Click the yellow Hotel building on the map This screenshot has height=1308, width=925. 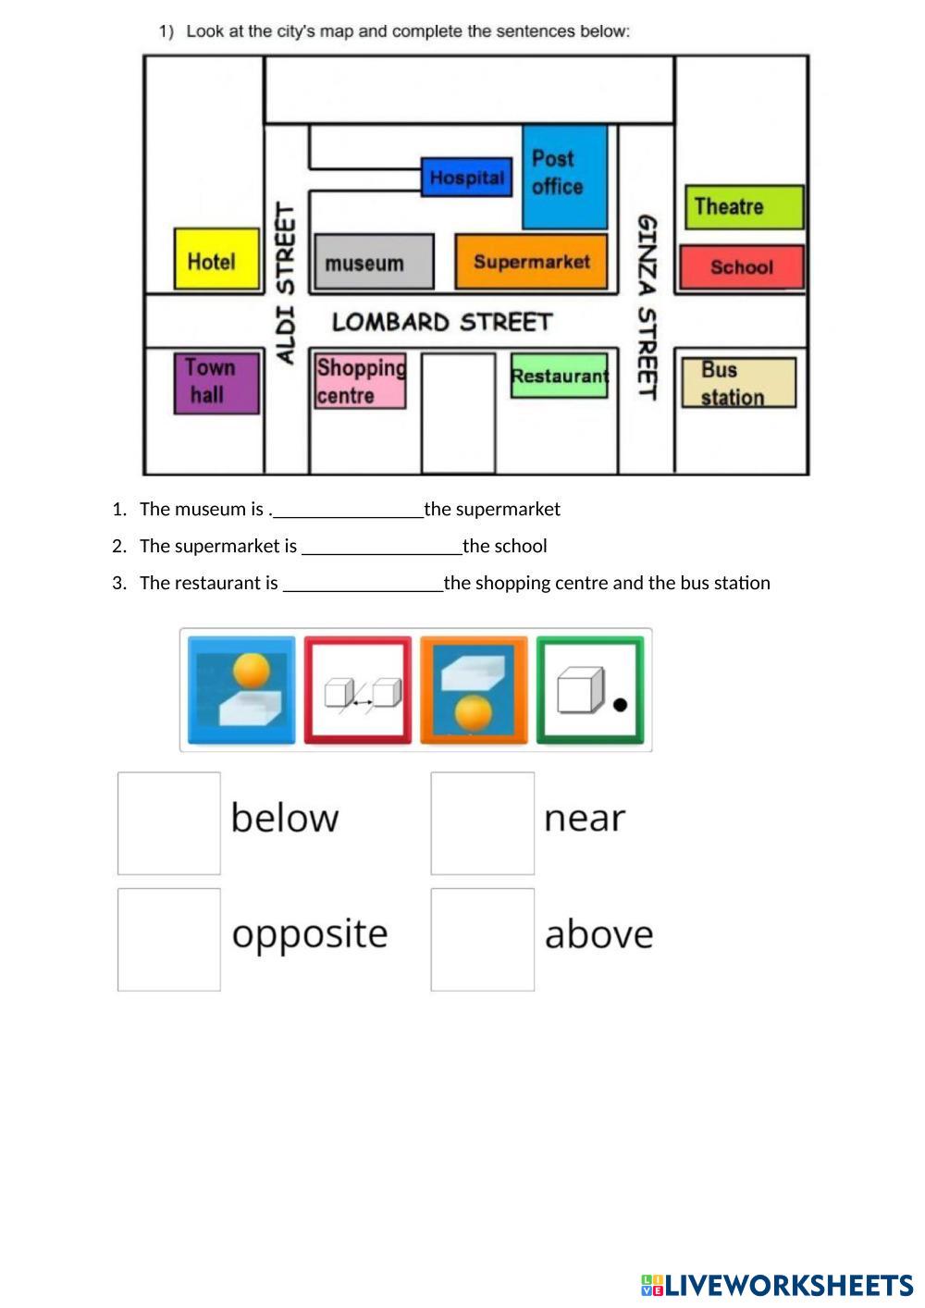(x=216, y=260)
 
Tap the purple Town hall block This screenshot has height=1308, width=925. (x=216, y=382)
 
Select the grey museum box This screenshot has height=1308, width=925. (x=374, y=262)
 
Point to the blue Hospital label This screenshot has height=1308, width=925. (x=466, y=177)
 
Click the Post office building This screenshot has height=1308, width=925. (x=564, y=176)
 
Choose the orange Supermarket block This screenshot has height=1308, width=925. (x=531, y=262)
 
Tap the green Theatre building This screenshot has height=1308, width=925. (x=744, y=206)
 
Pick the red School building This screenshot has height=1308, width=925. (x=741, y=267)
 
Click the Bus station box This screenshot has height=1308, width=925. (x=738, y=383)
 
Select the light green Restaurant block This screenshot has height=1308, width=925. (x=559, y=376)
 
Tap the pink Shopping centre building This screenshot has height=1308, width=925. (x=360, y=381)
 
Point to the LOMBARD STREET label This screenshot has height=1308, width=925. (x=441, y=322)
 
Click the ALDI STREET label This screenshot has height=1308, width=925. (x=286, y=283)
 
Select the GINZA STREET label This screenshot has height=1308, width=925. (x=647, y=306)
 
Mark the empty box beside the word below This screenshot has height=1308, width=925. (x=169, y=823)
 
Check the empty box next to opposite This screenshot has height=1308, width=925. (x=169, y=940)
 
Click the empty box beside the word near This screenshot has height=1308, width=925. (x=482, y=823)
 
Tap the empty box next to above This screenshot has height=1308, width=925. (x=482, y=940)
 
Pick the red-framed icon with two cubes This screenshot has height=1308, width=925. (x=358, y=690)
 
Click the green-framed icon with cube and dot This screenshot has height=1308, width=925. (x=590, y=690)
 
